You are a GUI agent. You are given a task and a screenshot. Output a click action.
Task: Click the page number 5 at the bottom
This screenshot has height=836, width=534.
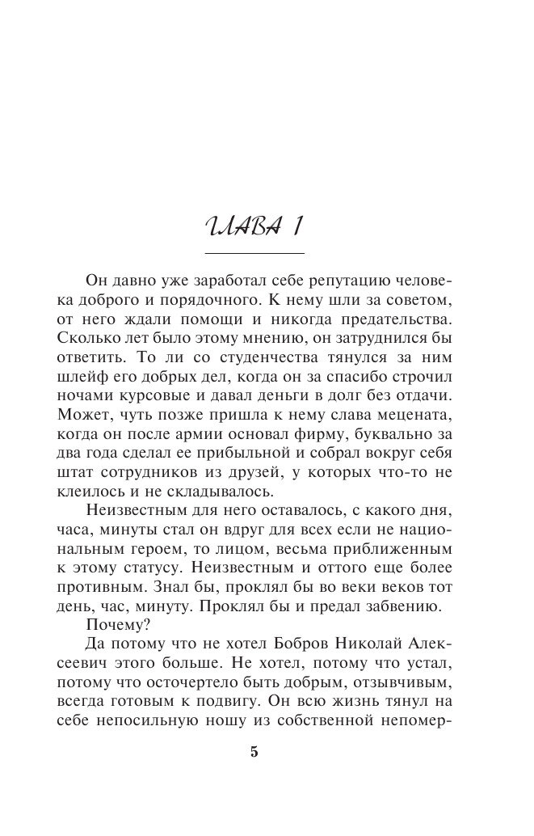pos(254,751)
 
